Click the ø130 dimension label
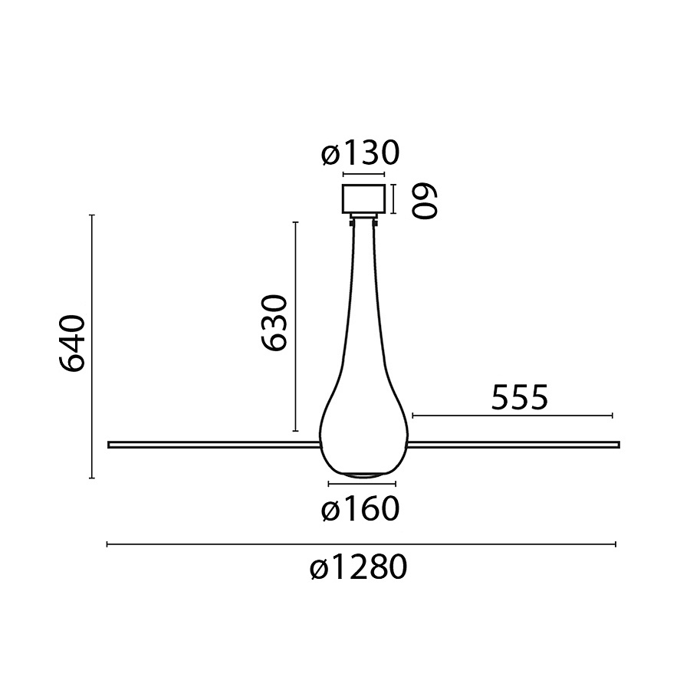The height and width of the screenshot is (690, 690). tap(360, 154)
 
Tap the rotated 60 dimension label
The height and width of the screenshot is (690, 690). tap(425, 201)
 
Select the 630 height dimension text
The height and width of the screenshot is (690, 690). tap(273, 323)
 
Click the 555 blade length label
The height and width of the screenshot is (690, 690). tap(519, 399)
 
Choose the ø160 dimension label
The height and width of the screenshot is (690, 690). tap(360, 510)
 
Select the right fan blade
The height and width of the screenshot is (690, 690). tap(514, 443)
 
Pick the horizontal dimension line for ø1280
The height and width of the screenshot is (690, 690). tap(360, 544)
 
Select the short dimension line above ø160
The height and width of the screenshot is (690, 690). tap(362, 485)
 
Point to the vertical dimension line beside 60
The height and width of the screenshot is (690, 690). tap(393, 199)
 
